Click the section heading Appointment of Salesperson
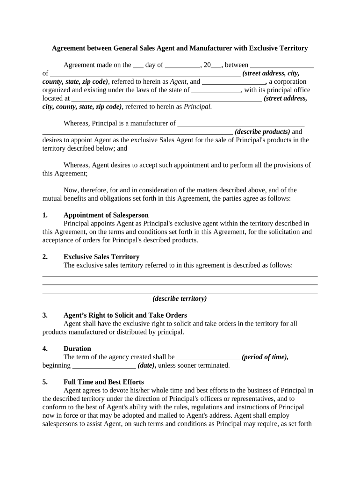(x=106, y=215)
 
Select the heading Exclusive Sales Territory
(x=101, y=257)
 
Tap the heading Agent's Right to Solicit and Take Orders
(x=125, y=315)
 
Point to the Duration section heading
(x=77, y=348)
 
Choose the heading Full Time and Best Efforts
(x=103, y=382)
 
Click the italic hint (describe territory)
(x=180, y=298)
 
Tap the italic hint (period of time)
(x=265, y=357)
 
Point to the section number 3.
(x=45, y=315)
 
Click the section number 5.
(x=45, y=382)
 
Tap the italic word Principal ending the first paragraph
(x=197, y=107)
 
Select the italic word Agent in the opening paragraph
(x=178, y=81)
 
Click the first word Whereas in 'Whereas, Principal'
(x=76, y=123)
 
